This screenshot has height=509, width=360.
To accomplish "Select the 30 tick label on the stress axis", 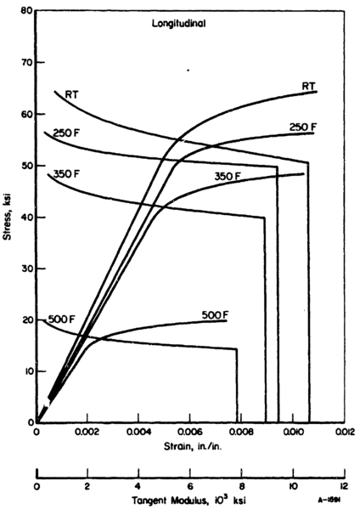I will click(26, 269).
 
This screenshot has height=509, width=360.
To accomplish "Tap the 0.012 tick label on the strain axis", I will click(342, 433).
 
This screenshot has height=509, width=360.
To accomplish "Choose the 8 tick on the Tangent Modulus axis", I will click(240, 488).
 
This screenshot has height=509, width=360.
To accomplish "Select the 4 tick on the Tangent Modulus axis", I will click(138, 488).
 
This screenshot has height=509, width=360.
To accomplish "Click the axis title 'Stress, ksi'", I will click(10, 218).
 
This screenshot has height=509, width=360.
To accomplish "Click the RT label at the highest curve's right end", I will click(308, 85).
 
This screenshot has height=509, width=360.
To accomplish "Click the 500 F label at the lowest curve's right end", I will click(217, 314).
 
